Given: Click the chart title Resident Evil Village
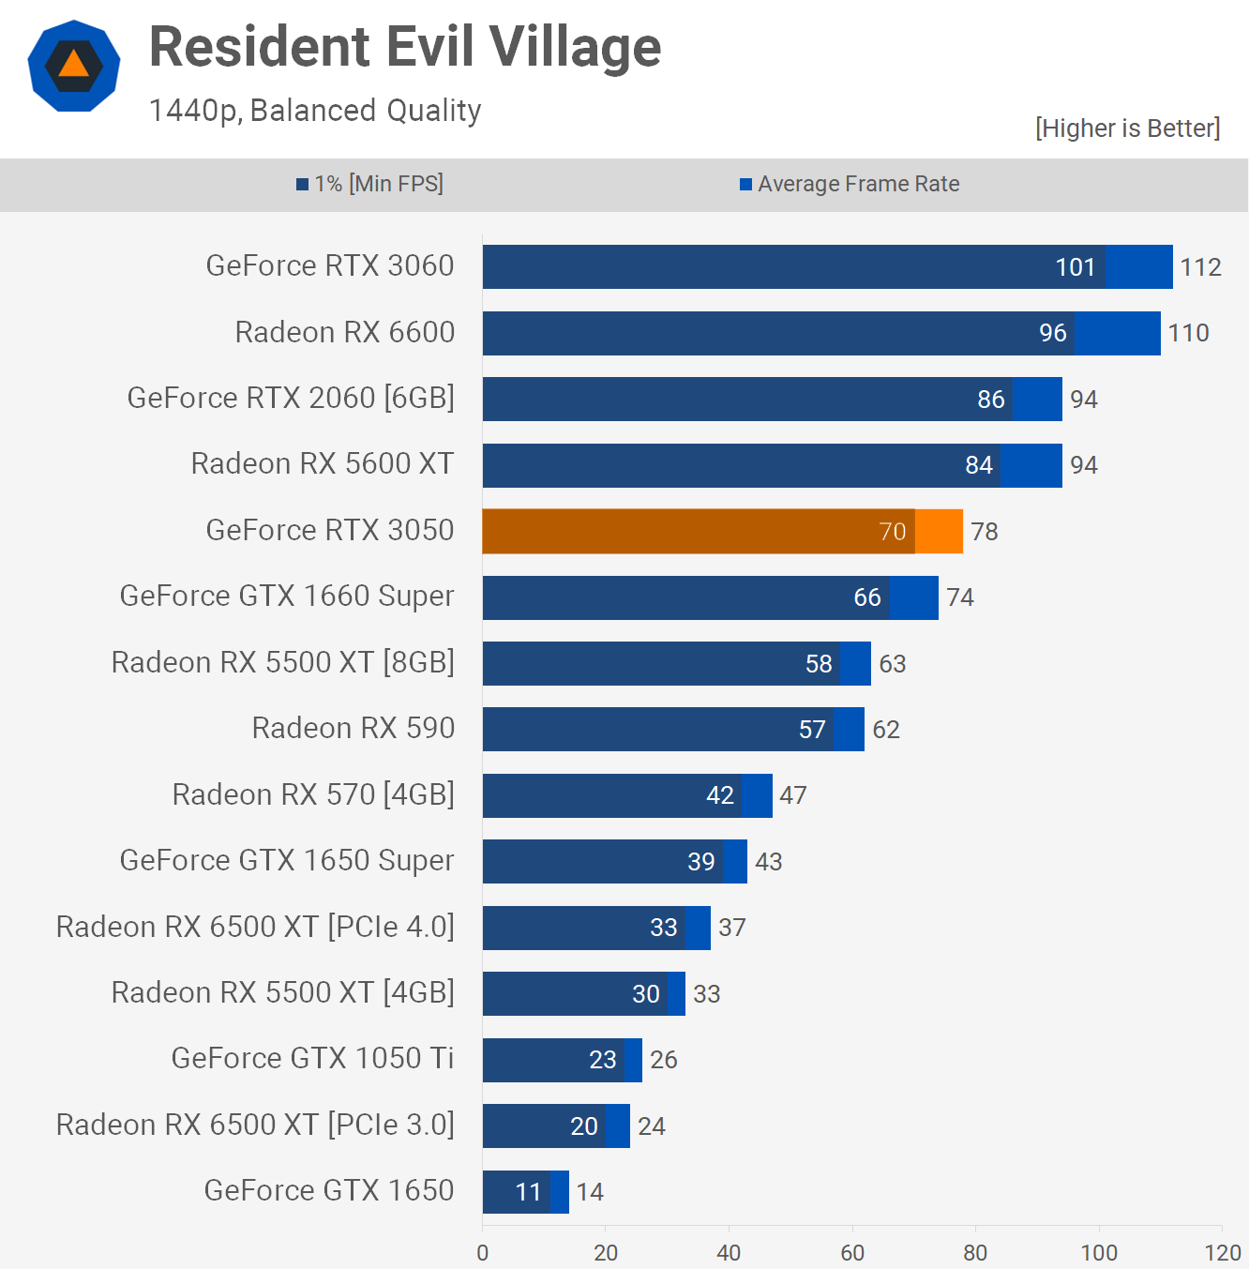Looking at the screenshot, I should (405, 47).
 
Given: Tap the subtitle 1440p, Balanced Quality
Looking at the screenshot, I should (315, 111).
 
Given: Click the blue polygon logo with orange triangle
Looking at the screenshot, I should (74, 66).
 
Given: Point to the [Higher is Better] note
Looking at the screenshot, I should (1127, 128).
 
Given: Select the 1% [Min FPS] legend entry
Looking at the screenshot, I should (370, 184).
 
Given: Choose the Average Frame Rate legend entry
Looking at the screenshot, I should (850, 184).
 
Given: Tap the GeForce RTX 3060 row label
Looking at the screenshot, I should (330, 266).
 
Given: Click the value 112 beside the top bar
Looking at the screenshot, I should (1200, 267).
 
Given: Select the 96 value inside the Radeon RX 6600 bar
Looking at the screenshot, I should (1052, 333).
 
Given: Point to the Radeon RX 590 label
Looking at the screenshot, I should (354, 729).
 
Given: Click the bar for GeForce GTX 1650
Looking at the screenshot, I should (525, 1192).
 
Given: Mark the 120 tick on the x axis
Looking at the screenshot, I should (1223, 1253).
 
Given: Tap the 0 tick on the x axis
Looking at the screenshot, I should (483, 1253).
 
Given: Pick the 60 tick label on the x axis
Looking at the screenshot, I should (852, 1253).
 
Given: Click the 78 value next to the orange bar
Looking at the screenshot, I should (985, 532).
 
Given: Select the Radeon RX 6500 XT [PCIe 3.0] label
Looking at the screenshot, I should (255, 1125).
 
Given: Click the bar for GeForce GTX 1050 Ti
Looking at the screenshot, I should (562, 1060).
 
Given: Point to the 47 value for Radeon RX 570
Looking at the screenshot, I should (793, 795).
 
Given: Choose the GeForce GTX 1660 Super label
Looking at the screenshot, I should (287, 597).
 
